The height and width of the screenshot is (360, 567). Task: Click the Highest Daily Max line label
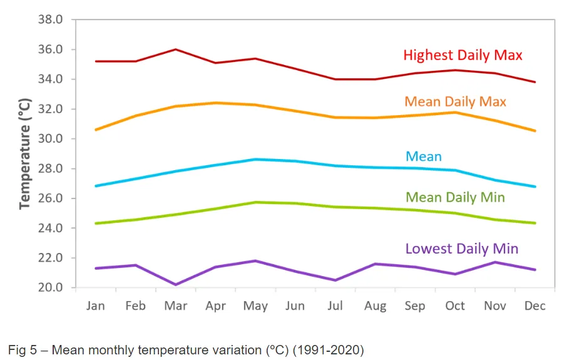[x=462, y=55]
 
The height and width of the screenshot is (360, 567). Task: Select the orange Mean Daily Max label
[x=455, y=101]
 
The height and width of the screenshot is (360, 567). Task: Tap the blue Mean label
[x=424, y=157]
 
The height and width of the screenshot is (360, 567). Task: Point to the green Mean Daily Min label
[x=455, y=198]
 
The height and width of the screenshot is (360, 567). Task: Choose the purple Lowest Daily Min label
[x=462, y=249]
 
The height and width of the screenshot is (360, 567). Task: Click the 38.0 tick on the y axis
[x=50, y=19]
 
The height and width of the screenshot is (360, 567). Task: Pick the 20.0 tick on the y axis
[x=50, y=288]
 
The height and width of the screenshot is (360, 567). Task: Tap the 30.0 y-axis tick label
[x=50, y=139]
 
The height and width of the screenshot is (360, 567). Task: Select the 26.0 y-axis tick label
[x=50, y=198]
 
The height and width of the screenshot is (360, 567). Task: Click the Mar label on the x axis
[x=175, y=306]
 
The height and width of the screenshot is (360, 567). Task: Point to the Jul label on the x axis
[x=335, y=306]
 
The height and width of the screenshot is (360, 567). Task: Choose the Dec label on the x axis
[x=535, y=306]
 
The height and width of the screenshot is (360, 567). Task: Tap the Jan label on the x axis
[x=95, y=306]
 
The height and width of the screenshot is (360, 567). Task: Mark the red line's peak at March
[x=175, y=49]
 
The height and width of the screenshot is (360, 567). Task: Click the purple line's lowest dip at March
[x=175, y=285]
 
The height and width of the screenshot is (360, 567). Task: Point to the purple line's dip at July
[x=335, y=280]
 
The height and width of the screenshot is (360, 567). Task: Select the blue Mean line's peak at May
[x=255, y=160]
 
